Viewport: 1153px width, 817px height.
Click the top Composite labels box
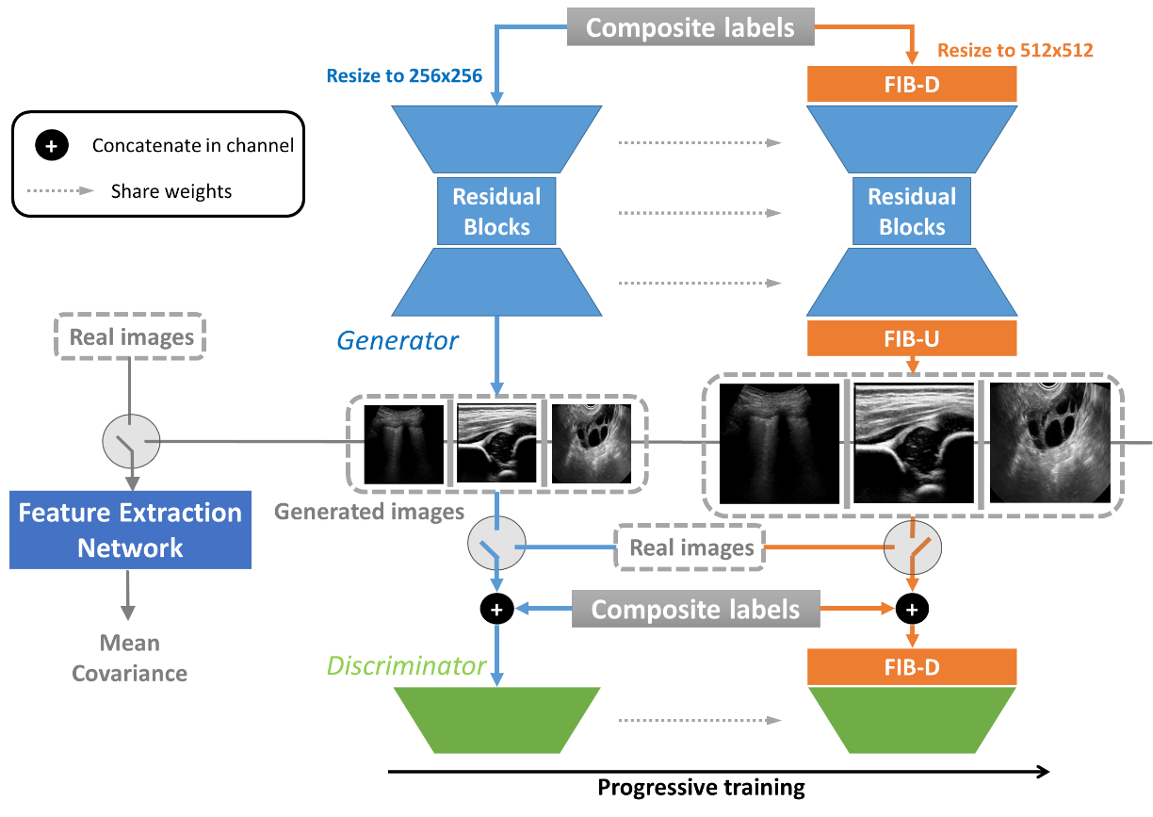tap(690, 27)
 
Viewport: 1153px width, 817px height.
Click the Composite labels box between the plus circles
tap(695, 610)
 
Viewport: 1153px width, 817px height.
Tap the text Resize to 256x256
tap(404, 76)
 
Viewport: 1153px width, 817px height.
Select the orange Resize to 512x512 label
tap(1015, 51)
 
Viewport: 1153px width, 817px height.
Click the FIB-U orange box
tap(912, 338)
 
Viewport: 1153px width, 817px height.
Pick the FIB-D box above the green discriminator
tap(912, 667)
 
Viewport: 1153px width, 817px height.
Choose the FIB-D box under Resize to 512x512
tap(912, 84)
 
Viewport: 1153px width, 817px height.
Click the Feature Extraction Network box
tap(130, 530)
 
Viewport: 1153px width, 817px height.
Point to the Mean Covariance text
tap(130, 658)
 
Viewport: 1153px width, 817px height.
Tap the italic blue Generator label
tap(397, 340)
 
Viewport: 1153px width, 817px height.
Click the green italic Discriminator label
tap(406, 666)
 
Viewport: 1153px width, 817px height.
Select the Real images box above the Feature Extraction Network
tap(132, 336)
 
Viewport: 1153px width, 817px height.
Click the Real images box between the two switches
tap(691, 547)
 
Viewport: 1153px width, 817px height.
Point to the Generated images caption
tap(369, 512)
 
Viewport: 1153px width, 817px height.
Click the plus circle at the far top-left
tap(52, 146)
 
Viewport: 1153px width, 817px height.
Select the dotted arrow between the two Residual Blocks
tap(701, 213)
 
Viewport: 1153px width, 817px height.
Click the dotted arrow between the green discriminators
tap(701, 721)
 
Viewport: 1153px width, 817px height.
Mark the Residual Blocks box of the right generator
tap(912, 212)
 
